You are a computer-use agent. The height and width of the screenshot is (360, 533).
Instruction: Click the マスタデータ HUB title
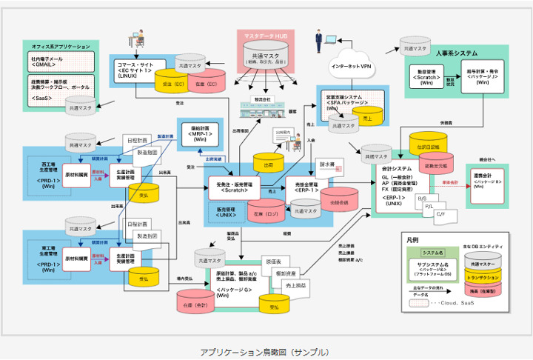(266, 36)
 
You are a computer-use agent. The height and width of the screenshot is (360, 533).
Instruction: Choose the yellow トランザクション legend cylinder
(482, 279)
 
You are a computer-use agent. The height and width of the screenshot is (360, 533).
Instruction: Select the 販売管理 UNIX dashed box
(228, 211)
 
